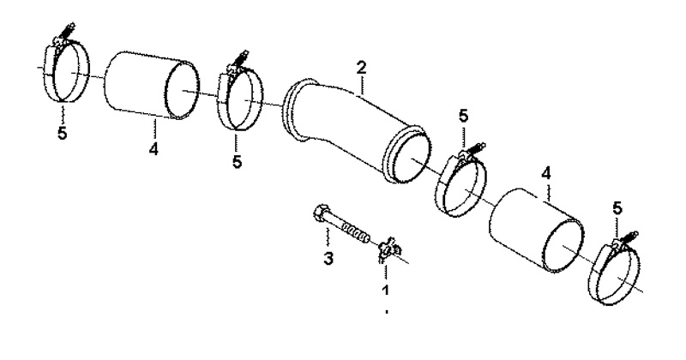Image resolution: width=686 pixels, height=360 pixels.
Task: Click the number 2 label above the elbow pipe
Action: [361, 68]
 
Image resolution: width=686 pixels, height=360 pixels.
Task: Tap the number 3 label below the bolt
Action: [328, 258]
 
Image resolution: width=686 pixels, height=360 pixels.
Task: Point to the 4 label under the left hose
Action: [153, 149]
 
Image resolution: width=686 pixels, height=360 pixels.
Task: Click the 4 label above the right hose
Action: [546, 174]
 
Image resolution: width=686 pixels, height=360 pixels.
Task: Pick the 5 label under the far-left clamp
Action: [63, 134]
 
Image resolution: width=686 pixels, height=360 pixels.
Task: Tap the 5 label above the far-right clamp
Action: [617, 208]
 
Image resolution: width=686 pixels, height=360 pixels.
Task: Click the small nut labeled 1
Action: [388, 249]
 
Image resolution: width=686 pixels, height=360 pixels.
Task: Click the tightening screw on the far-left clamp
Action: [67, 31]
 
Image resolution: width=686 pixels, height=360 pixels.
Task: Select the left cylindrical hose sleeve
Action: [152, 86]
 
